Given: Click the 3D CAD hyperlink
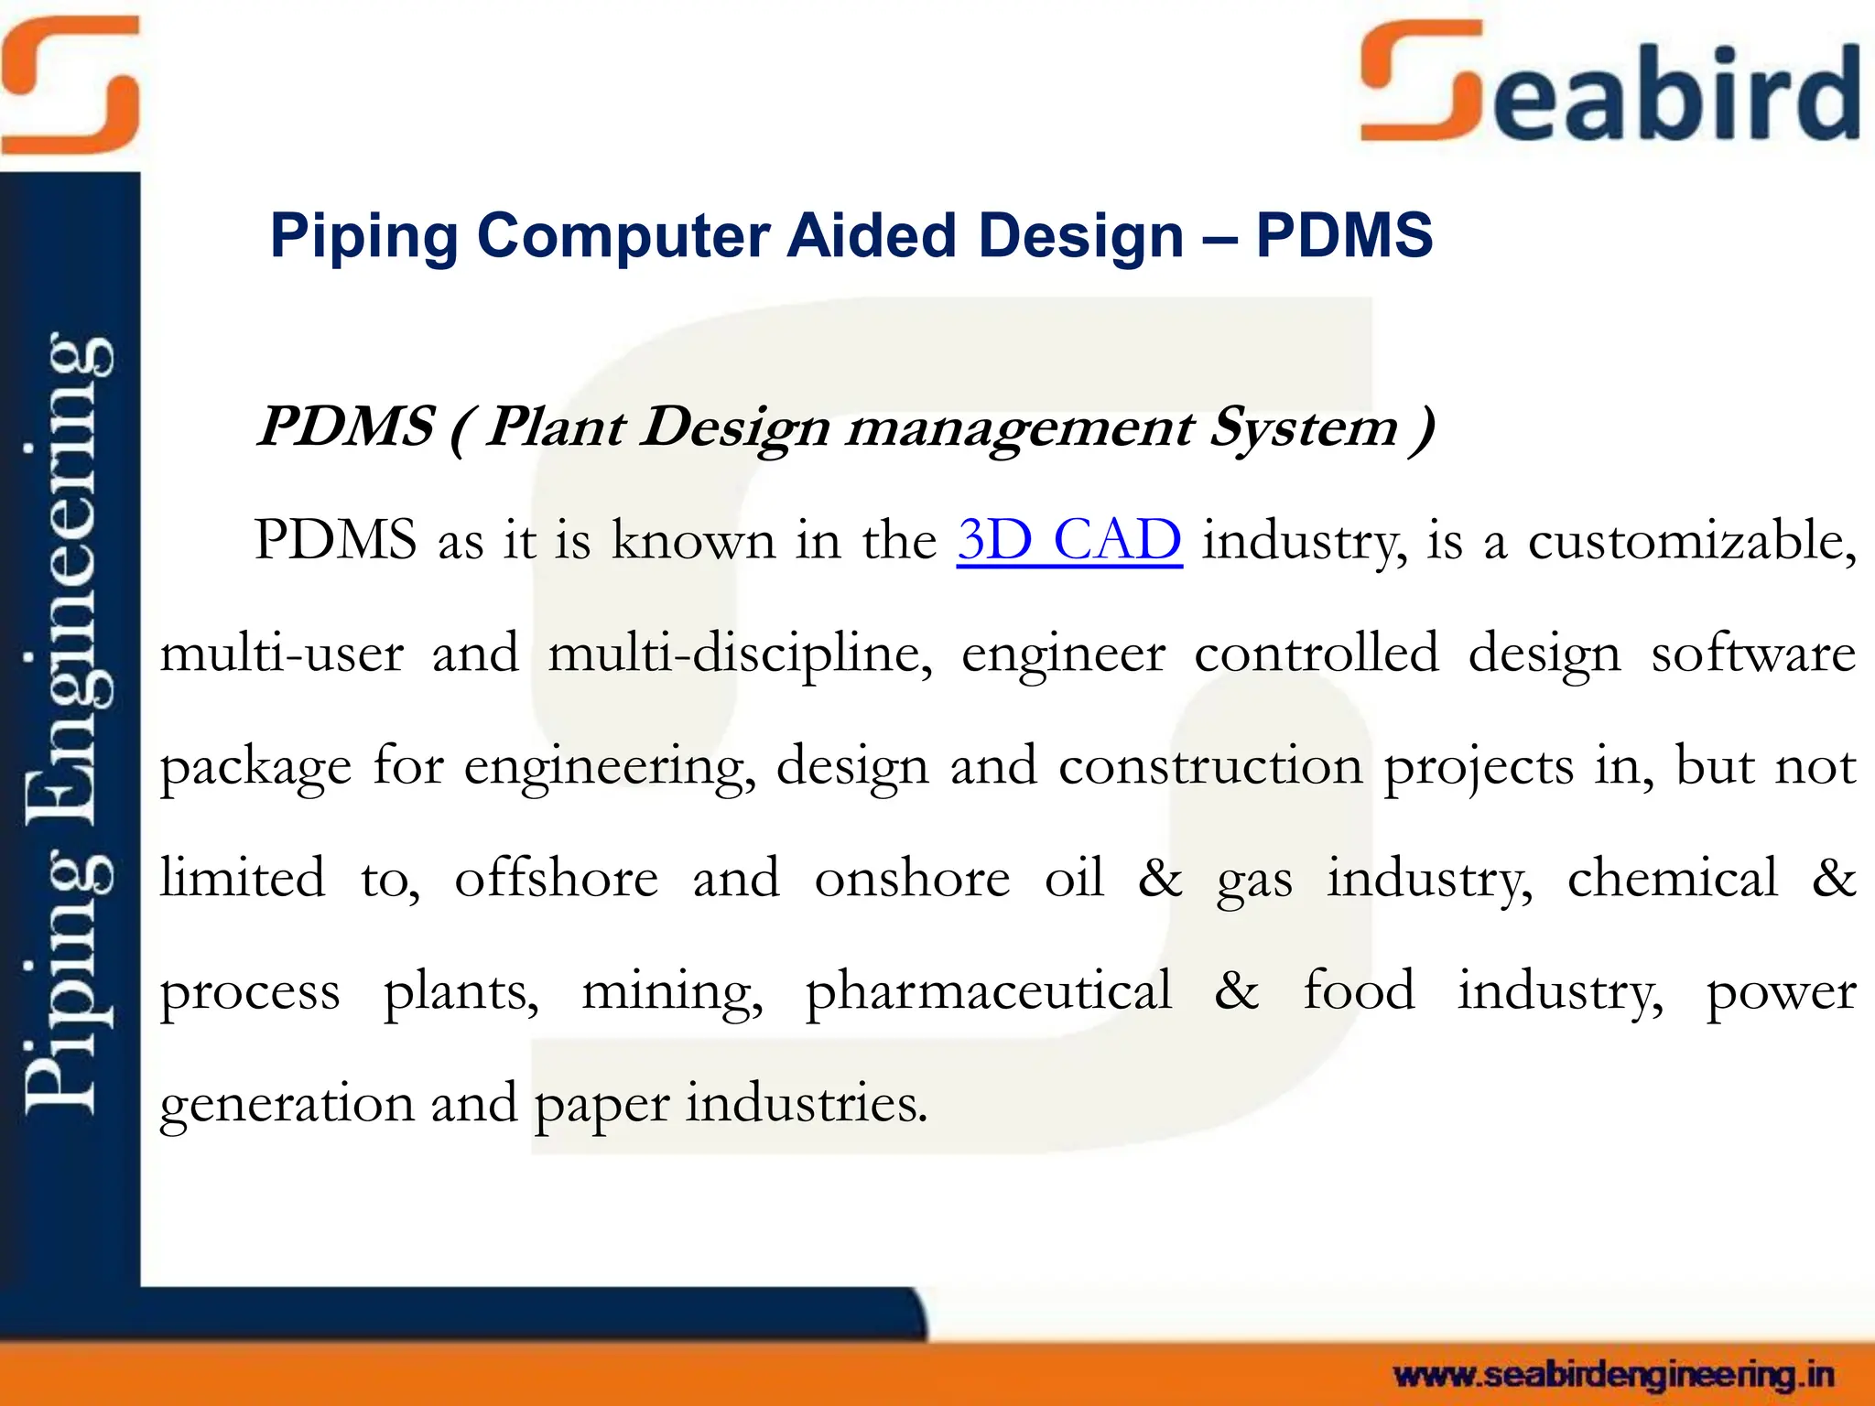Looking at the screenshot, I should [1069, 540].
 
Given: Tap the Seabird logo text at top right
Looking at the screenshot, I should [1609, 88].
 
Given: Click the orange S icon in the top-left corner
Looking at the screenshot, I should [70, 84].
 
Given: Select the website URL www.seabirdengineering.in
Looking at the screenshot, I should [1613, 1375].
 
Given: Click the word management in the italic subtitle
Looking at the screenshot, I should [1019, 428].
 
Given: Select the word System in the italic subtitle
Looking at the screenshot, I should [1303, 428].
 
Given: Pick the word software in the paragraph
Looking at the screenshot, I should [1753, 654].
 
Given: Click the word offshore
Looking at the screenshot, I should [556, 879].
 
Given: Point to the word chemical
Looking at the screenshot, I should [1673, 879].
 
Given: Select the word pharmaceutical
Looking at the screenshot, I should [988, 991].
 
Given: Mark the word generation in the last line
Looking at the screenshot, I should [287, 1105].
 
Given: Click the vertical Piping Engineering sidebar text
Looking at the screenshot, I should [70, 723].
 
